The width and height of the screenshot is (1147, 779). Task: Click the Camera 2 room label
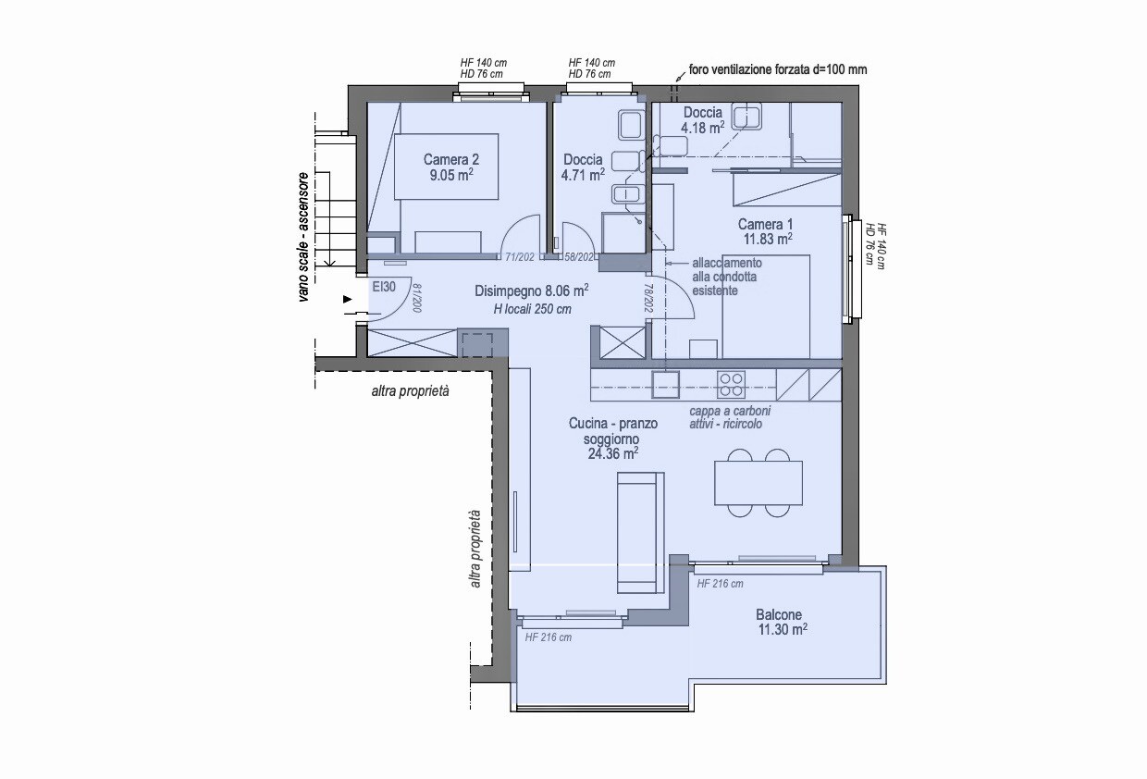coord(451,159)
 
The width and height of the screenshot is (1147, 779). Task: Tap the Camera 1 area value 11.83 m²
coord(768,240)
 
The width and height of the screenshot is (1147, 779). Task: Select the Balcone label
coord(779,614)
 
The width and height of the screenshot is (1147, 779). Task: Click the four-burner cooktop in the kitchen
coord(731,385)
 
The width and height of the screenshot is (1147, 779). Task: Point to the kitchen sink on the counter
coord(666,385)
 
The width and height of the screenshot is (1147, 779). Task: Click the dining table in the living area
coord(758,482)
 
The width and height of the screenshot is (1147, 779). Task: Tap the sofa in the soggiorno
coord(641,533)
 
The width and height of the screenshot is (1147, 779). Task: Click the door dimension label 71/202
coord(520,257)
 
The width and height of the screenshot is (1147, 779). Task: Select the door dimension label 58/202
coord(579,257)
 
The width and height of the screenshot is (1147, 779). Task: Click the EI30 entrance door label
coord(384,287)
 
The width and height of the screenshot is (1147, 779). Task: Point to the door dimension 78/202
coord(648,298)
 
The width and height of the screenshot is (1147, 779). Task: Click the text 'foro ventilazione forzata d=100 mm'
coord(778,69)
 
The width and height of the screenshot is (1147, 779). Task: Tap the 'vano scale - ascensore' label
coord(303,237)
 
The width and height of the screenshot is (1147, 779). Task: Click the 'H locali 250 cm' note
coord(533,309)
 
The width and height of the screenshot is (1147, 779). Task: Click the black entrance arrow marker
coord(348,299)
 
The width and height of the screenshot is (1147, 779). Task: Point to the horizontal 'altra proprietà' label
coord(410,391)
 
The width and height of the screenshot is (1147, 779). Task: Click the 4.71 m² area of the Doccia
coord(583,175)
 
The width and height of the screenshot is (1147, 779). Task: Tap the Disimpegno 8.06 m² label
coord(532,291)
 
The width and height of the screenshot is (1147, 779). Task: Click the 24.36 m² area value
coord(613,453)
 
